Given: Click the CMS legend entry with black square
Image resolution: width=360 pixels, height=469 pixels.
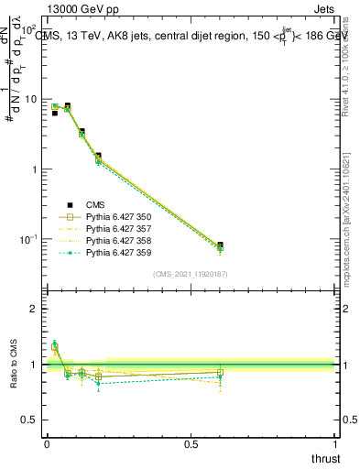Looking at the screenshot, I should coord(97,204).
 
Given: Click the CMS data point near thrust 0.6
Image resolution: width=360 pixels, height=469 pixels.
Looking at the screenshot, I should coord(220,245).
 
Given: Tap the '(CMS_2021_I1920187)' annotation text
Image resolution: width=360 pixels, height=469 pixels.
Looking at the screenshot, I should coord(191,274).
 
